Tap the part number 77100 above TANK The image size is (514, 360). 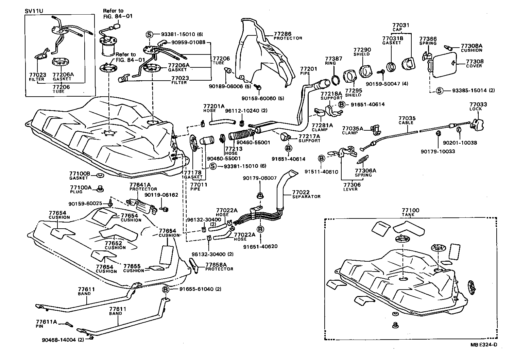pyautogui.click(x=410, y=210)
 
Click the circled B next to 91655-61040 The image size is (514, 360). pyautogui.click(x=166, y=289)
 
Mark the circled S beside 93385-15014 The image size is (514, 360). pyautogui.click(x=439, y=91)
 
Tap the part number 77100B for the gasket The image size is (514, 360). pyautogui.click(x=80, y=174)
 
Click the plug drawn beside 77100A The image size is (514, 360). pyautogui.click(x=100, y=188)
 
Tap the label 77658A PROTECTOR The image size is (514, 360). pyautogui.click(x=219, y=266)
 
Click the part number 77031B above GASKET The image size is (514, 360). pyautogui.click(x=393, y=39)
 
